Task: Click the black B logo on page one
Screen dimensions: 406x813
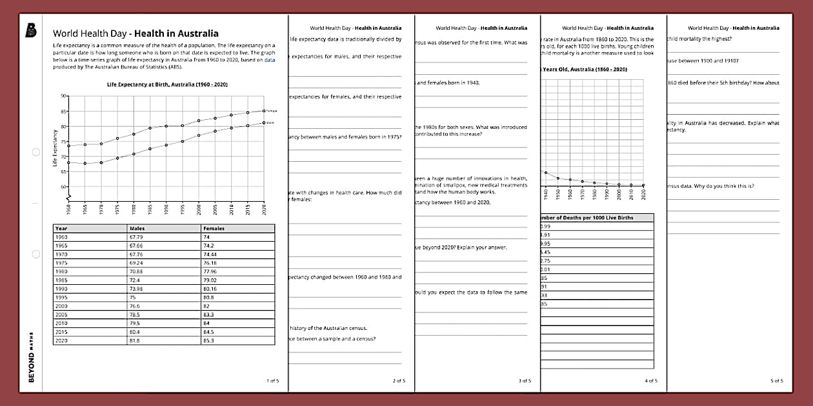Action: [x=30, y=30]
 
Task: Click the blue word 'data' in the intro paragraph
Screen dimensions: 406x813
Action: [x=269, y=59]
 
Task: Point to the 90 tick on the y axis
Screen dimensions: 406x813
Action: [x=63, y=96]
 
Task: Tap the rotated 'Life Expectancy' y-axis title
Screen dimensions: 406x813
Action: [x=55, y=149]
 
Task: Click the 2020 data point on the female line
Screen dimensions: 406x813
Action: [x=264, y=111]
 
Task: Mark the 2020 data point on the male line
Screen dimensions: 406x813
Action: [x=264, y=122]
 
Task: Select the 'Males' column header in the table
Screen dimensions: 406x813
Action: [x=137, y=228]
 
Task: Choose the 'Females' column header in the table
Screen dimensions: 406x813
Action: [x=214, y=228]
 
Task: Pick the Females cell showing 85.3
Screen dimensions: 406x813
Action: [x=209, y=340]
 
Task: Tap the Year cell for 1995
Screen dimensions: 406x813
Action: [x=61, y=297]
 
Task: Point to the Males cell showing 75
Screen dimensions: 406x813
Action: [x=133, y=297]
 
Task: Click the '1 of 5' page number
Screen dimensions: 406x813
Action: [x=273, y=381]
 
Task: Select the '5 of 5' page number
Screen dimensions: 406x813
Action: [x=777, y=381]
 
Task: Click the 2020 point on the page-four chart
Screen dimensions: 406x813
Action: [x=643, y=185]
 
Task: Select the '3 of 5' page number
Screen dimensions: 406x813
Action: [x=525, y=381]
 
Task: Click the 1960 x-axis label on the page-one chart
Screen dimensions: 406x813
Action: [x=68, y=210]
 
